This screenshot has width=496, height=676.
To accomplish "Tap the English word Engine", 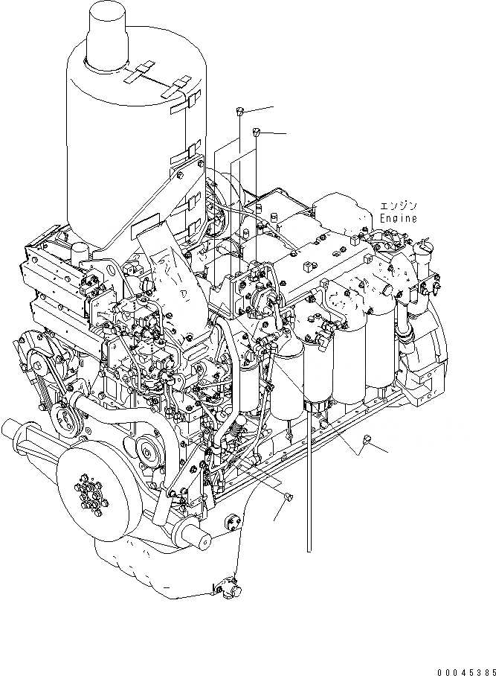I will click(x=398, y=219).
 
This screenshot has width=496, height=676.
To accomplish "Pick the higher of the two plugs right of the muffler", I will click(x=239, y=112).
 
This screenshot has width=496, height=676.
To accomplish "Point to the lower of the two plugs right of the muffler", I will click(x=256, y=133).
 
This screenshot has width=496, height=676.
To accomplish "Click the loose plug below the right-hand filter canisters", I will click(x=367, y=444).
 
